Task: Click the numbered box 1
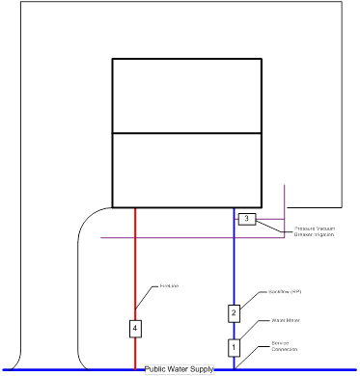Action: [x=233, y=346]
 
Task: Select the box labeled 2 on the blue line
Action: [x=234, y=312]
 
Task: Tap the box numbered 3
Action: [x=246, y=220]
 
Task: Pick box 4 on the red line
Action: [x=135, y=329]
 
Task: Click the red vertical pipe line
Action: [x=135, y=270]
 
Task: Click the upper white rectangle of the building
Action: [x=186, y=95]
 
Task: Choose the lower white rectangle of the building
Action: [x=186, y=170]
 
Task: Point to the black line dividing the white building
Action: [x=186, y=133]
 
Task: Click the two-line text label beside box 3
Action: [x=314, y=231]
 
